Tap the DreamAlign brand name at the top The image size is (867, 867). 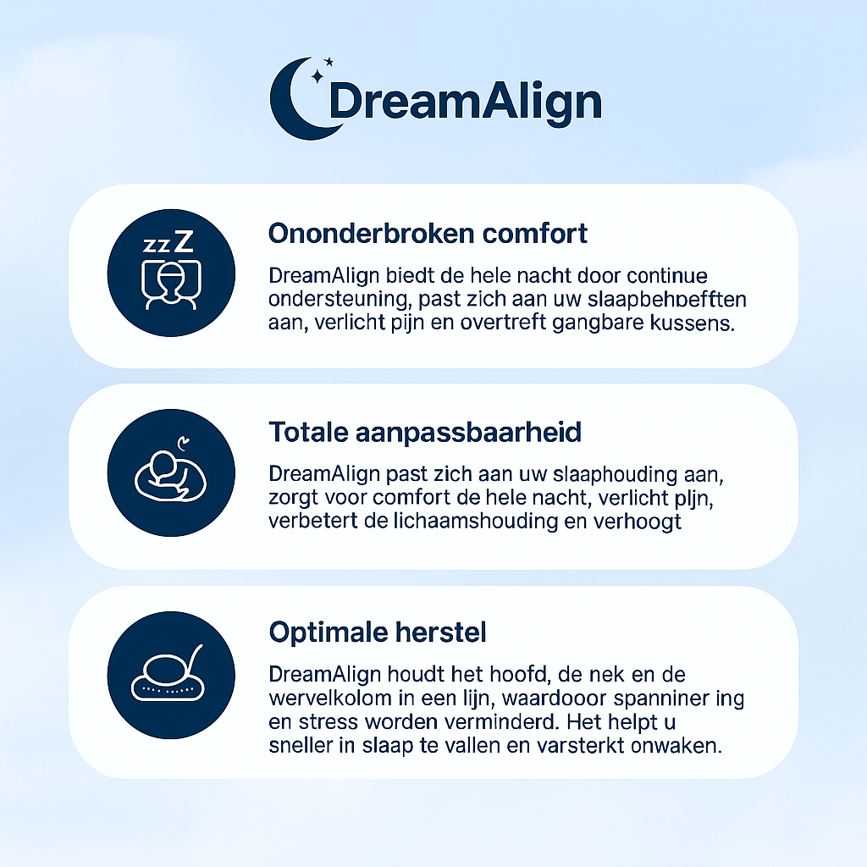(465, 102)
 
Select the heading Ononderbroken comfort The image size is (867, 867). (428, 233)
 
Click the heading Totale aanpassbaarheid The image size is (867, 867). (425, 433)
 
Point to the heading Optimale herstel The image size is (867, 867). (377, 632)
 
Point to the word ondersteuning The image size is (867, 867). (334, 300)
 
